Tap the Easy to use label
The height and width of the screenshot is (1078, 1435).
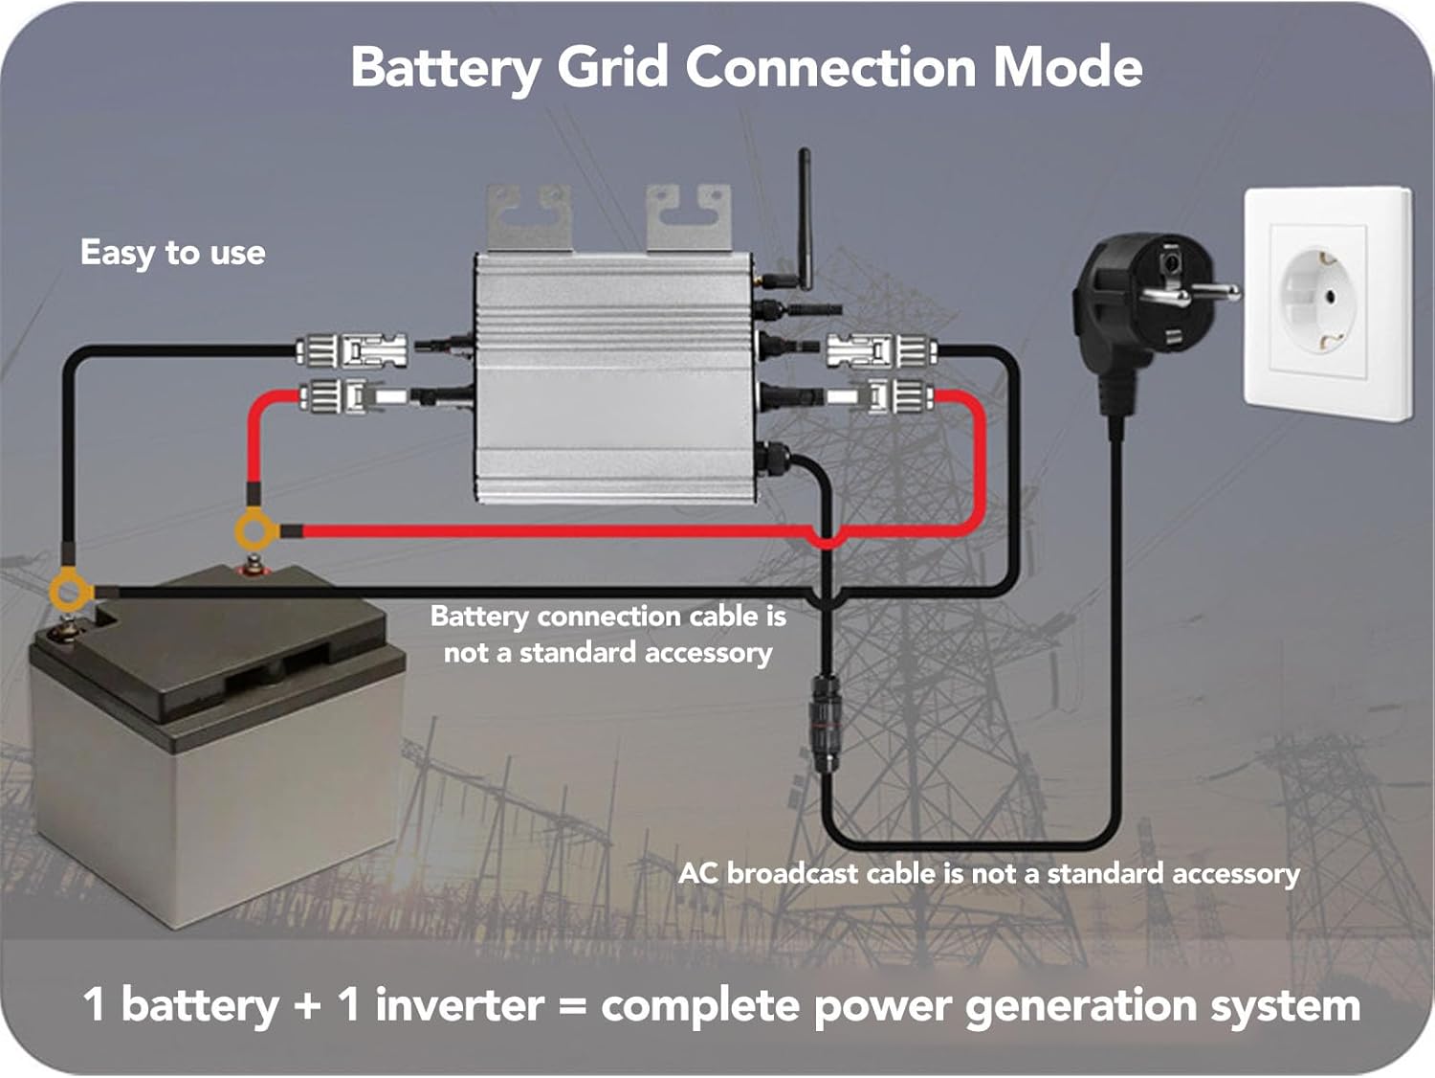click(172, 253)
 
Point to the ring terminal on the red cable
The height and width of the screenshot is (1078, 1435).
click(255, 530)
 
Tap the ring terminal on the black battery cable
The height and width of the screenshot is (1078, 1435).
click(70, 591)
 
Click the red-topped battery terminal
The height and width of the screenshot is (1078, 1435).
click(252, 567)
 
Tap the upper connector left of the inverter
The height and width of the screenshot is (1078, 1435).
click(352, 350)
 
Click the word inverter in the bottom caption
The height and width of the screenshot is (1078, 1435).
click(459, 1005)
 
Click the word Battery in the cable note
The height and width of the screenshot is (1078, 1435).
click(479, 616)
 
